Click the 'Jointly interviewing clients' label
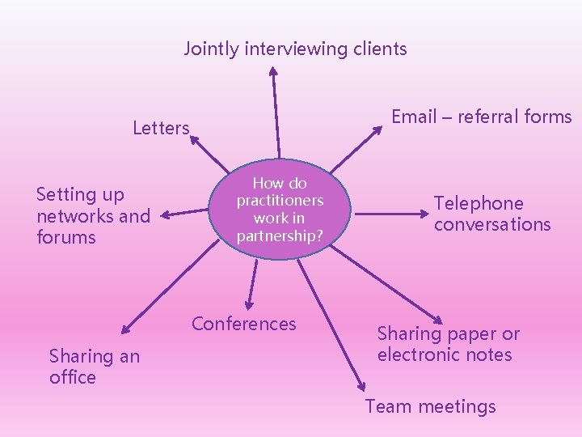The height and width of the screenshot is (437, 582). click(x=295, y=49)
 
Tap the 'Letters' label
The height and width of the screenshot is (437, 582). click(x=161, y=128)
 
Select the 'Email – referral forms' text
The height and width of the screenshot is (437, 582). click(x=481, y=117)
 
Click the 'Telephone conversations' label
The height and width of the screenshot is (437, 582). click(x=491, y=214)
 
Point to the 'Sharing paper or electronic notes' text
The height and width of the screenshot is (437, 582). click(x=448, y=344)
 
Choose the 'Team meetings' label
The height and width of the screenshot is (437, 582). click(x=430, y=406)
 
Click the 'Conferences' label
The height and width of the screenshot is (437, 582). click(x=243, y=324)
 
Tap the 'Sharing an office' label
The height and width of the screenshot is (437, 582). click(x=94, y=367)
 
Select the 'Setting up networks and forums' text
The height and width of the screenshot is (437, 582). click(x=93, y=216)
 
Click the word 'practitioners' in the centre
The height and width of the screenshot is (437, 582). click(x=279, y=200)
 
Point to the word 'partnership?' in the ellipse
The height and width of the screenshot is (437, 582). click(x=279, y=236)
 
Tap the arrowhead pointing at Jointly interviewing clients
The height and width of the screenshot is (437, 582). click(x=272, y=70)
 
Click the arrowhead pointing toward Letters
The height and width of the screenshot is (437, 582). click(x=195, y=140)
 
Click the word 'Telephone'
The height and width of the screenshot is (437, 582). click(x=479, y=203)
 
